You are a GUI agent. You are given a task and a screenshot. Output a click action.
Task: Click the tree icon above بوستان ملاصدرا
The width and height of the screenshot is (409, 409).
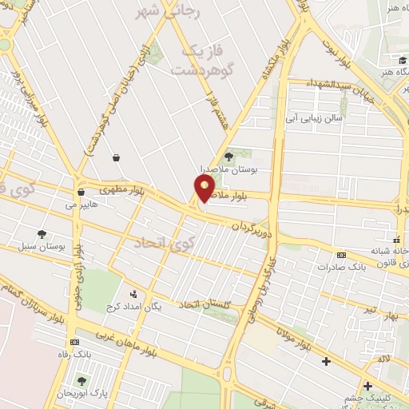(x=230, y=157)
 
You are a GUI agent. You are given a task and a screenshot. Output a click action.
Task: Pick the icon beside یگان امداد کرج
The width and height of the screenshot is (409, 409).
(x=133, y=294)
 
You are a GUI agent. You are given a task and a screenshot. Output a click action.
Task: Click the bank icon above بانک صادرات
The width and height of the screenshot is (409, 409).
(x=341, y=255)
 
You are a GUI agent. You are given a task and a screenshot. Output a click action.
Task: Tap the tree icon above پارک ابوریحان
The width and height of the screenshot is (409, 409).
(x=81, y=380)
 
